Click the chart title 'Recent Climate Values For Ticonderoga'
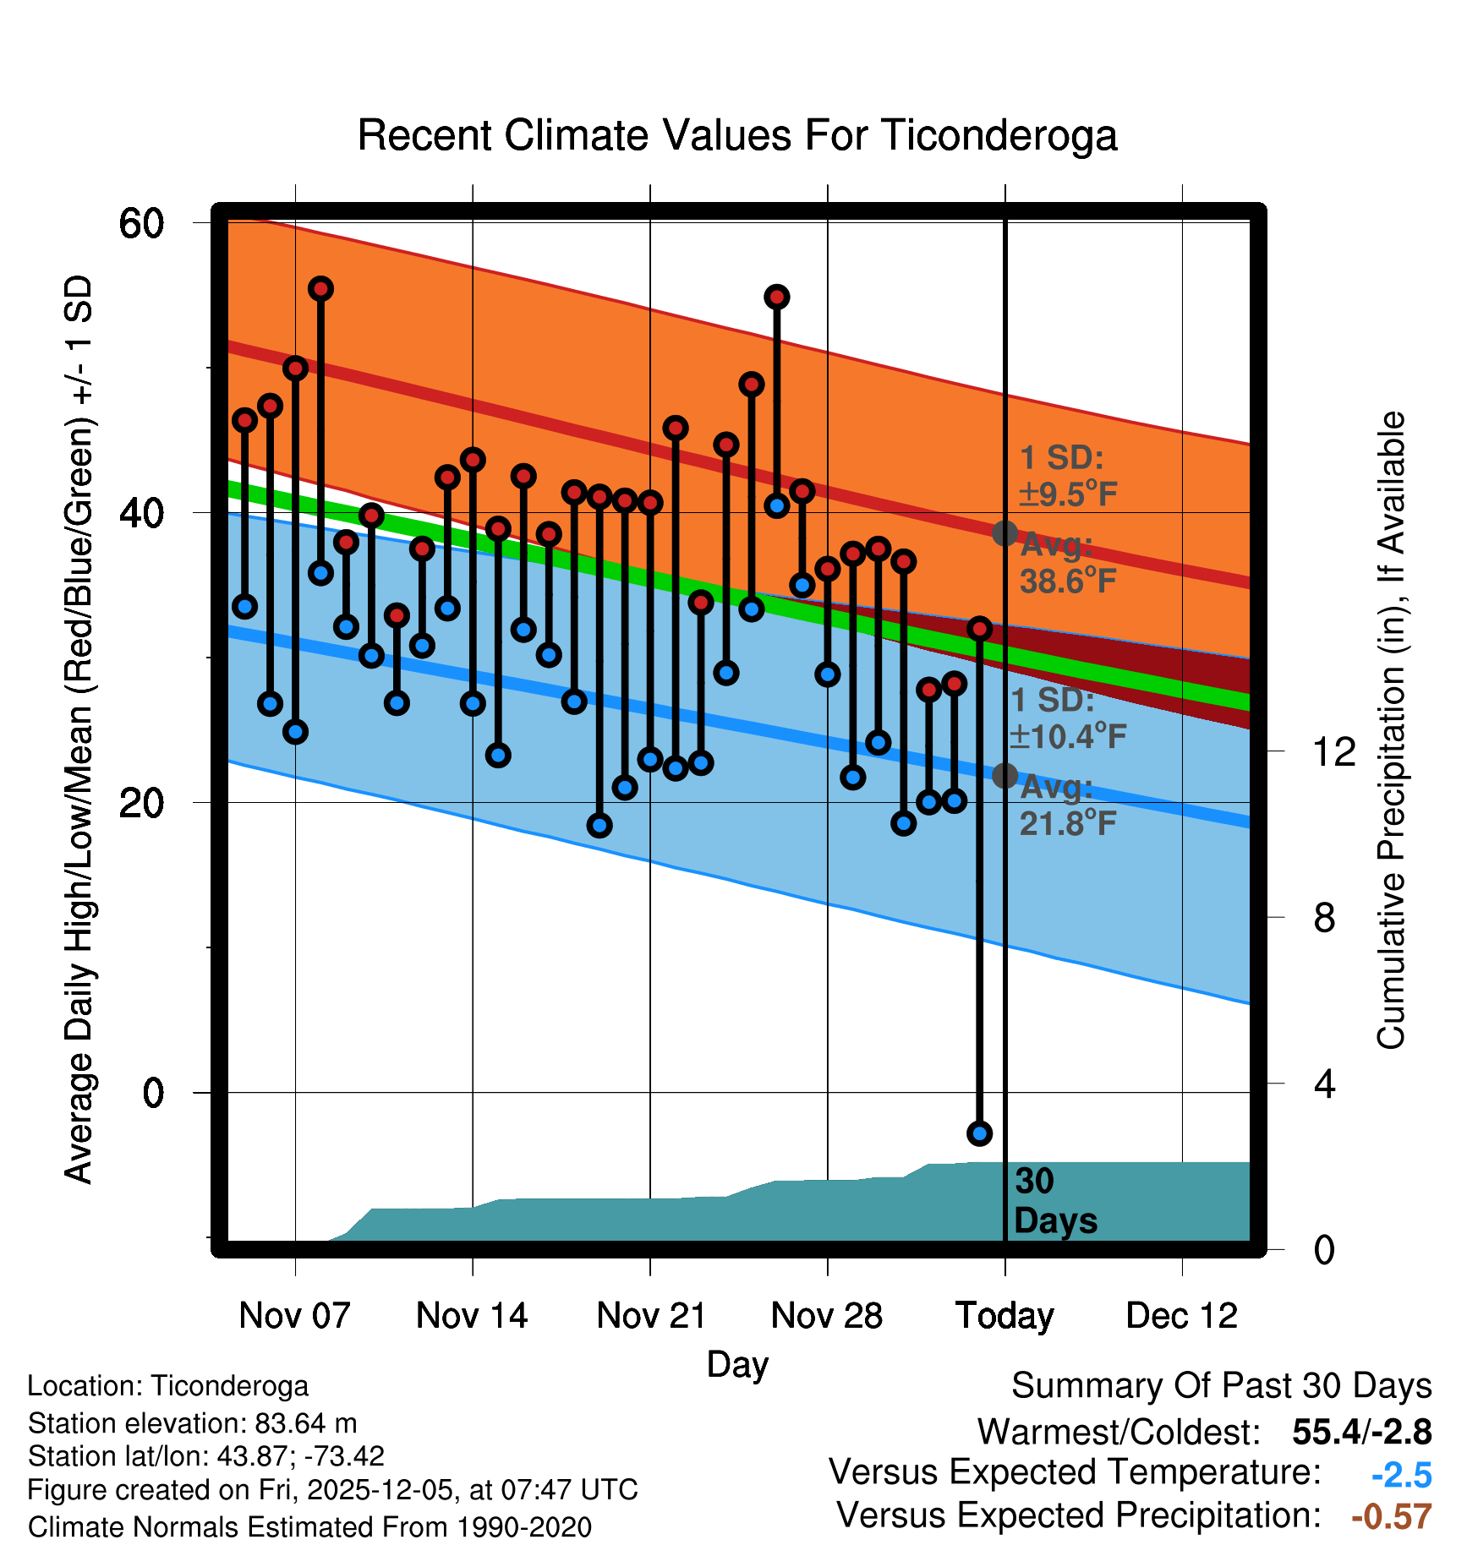point(737,136)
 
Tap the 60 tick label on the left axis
point(141,224)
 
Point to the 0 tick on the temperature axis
point(153,1092)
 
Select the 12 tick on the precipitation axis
point(1333,751)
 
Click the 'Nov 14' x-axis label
point(472,1316)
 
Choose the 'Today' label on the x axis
point(1004,1316)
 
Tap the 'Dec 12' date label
point(1181,1316)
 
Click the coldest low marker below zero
point(979,1133)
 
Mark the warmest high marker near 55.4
point(320,289)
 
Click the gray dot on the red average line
point(1004,533)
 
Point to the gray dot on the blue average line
point(1004,775)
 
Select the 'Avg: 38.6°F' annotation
point(1067,564)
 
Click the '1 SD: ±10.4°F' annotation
point(1067,718)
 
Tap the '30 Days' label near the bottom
point(1054,1201)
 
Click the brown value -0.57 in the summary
point(1391,1516)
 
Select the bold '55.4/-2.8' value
point(1361,1432)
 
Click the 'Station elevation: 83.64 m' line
point(192,1423)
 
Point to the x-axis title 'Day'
point(737,1364)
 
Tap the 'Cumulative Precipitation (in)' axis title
point(1391,731)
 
